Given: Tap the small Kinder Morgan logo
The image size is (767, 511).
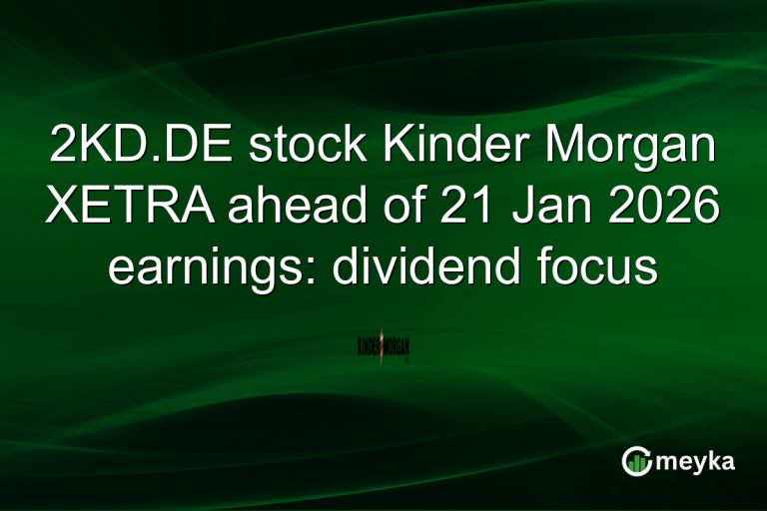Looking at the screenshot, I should [x=383, y=346].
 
